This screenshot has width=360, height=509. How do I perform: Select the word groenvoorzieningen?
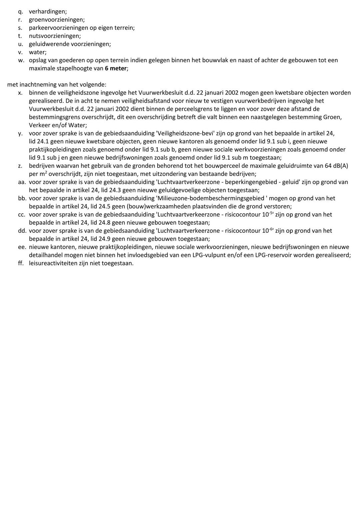[x=56, y=20]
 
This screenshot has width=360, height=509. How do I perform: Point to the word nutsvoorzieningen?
[x=55, y=36]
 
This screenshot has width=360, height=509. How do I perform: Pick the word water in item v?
[x=37, y=52]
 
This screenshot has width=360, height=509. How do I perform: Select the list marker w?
[x=21, y=60]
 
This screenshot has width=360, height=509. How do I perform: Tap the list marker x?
[x=20, y=93]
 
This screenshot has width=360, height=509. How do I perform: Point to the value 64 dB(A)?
[x=336, y=166]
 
